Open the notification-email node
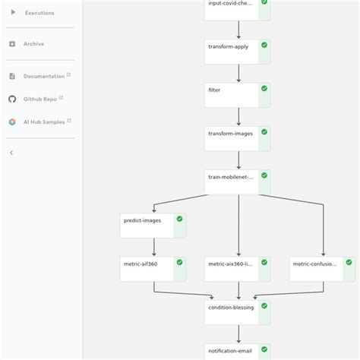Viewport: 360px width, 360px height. pyautogui.click(x=232, y=352)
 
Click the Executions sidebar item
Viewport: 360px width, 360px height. pyautogui.click(x=39, y=13)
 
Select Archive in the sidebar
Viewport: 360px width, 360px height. pyautogui.click(x=33, y=44)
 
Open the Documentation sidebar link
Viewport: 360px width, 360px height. pyautogui.click(x=43, y=76)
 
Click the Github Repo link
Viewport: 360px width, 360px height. pyautogui.click(x=39, y=99)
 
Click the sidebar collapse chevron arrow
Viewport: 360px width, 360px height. pyautogui.click(x=11, y=153)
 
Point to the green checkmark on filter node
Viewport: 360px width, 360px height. pyautogui.click(x=264, y=89)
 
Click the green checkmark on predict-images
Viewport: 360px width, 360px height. pyautogui.click(x=179, y=219)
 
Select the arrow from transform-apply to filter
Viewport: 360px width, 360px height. pyautogui.click(x=238, y=74)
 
